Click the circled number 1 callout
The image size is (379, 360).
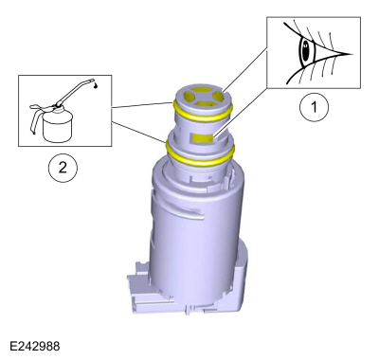click(314, 107)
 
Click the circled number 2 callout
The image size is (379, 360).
click(63, 168)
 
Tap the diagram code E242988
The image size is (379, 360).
click(35, 346)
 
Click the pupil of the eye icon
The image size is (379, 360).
click(305, 52)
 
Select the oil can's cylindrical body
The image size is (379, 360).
click(58, 126)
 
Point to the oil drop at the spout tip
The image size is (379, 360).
click(96, 85)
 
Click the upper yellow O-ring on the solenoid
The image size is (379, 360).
click(202, 113)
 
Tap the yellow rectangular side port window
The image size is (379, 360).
click(203, 137)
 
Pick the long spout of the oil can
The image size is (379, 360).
click(76, 91)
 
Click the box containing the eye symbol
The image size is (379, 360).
click(314, 52)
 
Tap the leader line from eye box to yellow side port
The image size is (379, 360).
click(240, 113)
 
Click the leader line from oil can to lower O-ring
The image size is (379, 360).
click(139, 132)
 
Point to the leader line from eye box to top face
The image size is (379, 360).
click(244, 71)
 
